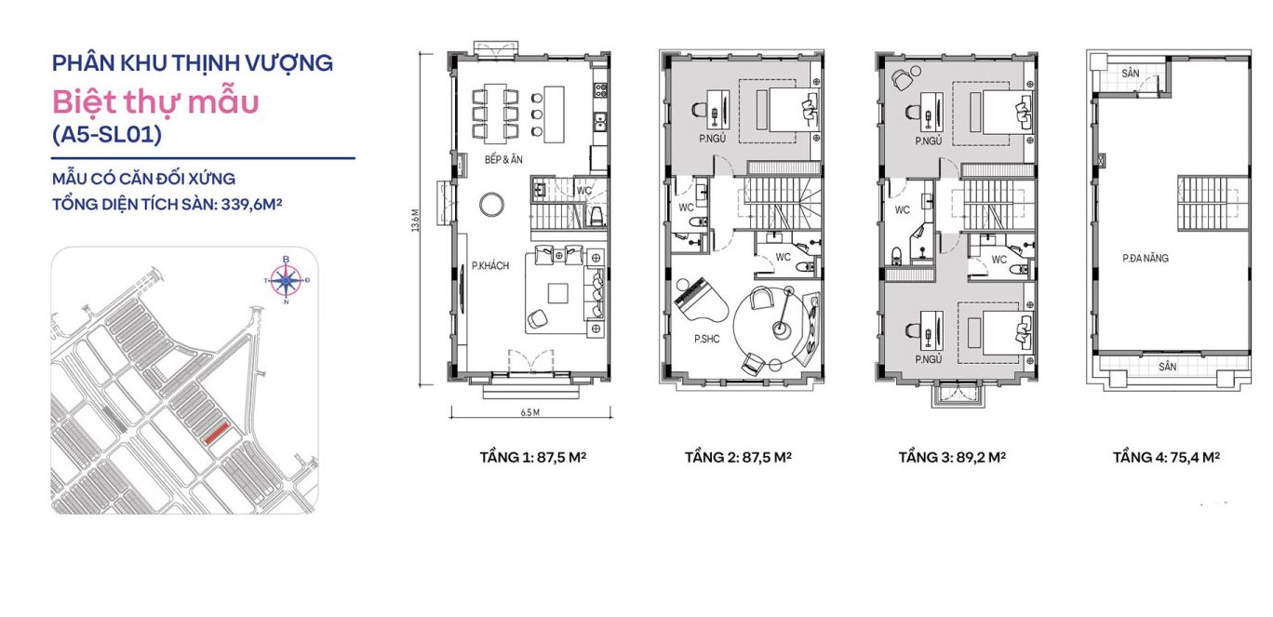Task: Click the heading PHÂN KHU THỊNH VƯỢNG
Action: click(x=193, y=63)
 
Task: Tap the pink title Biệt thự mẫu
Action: click(x=154, y=101)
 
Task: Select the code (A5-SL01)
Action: click(x=107, y=135)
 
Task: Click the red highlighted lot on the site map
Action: click(x=217, y=433)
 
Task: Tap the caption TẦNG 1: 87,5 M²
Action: click(x=532, y=458)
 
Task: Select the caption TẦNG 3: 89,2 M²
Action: click(x=952, y=458)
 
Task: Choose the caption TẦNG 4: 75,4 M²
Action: click(x=1166, y=458)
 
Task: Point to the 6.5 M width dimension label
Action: click(x=530, y=410)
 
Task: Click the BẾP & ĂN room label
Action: click(x=504, y=159)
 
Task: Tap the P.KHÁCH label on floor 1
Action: click(x=490, y=265)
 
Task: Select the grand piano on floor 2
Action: click(x=693, y=299)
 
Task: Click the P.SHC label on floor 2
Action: click(x=706, y=340)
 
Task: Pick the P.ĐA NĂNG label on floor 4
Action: click(x=1146, y=258)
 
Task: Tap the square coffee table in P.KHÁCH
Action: click(x=558, y=292)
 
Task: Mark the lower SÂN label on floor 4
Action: click(x=1168, y=367)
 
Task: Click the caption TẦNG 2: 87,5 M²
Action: click(x=738, y=458)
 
